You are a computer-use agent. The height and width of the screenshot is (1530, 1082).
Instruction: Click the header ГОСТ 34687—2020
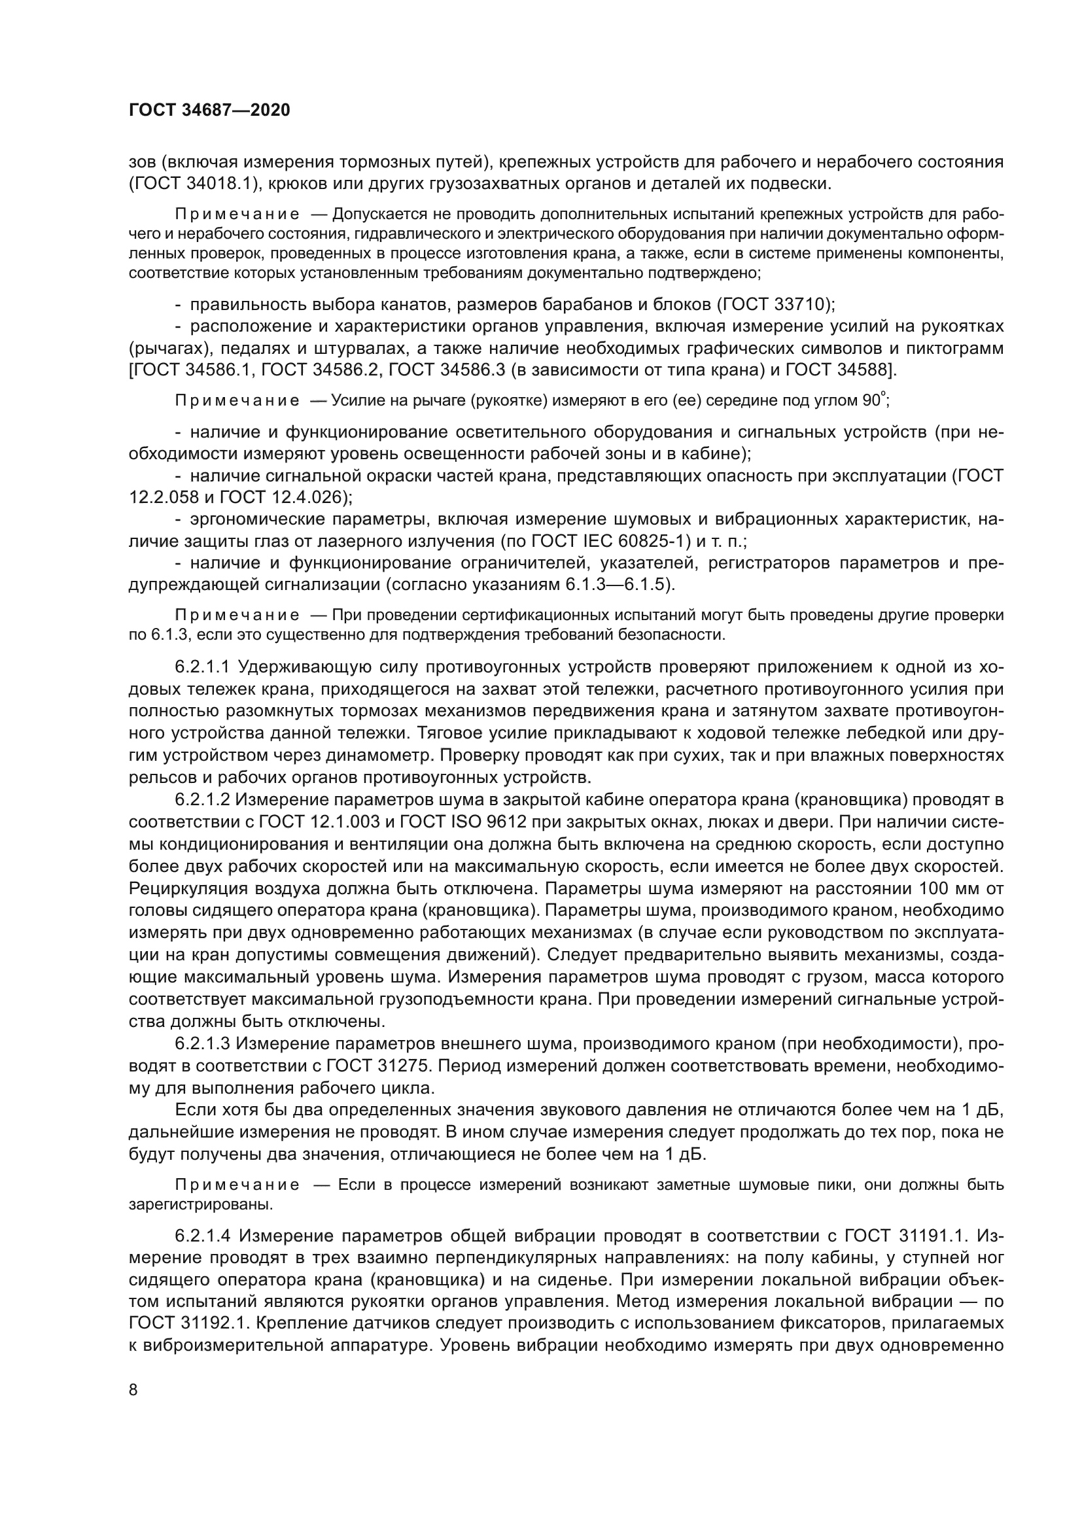point(209,111)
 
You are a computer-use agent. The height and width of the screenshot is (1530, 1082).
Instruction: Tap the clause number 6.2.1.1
point(203,667)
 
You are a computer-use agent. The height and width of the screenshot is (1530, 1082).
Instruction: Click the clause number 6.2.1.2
point(203,799)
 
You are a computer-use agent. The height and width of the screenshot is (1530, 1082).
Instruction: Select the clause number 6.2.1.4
point(203,1237)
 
